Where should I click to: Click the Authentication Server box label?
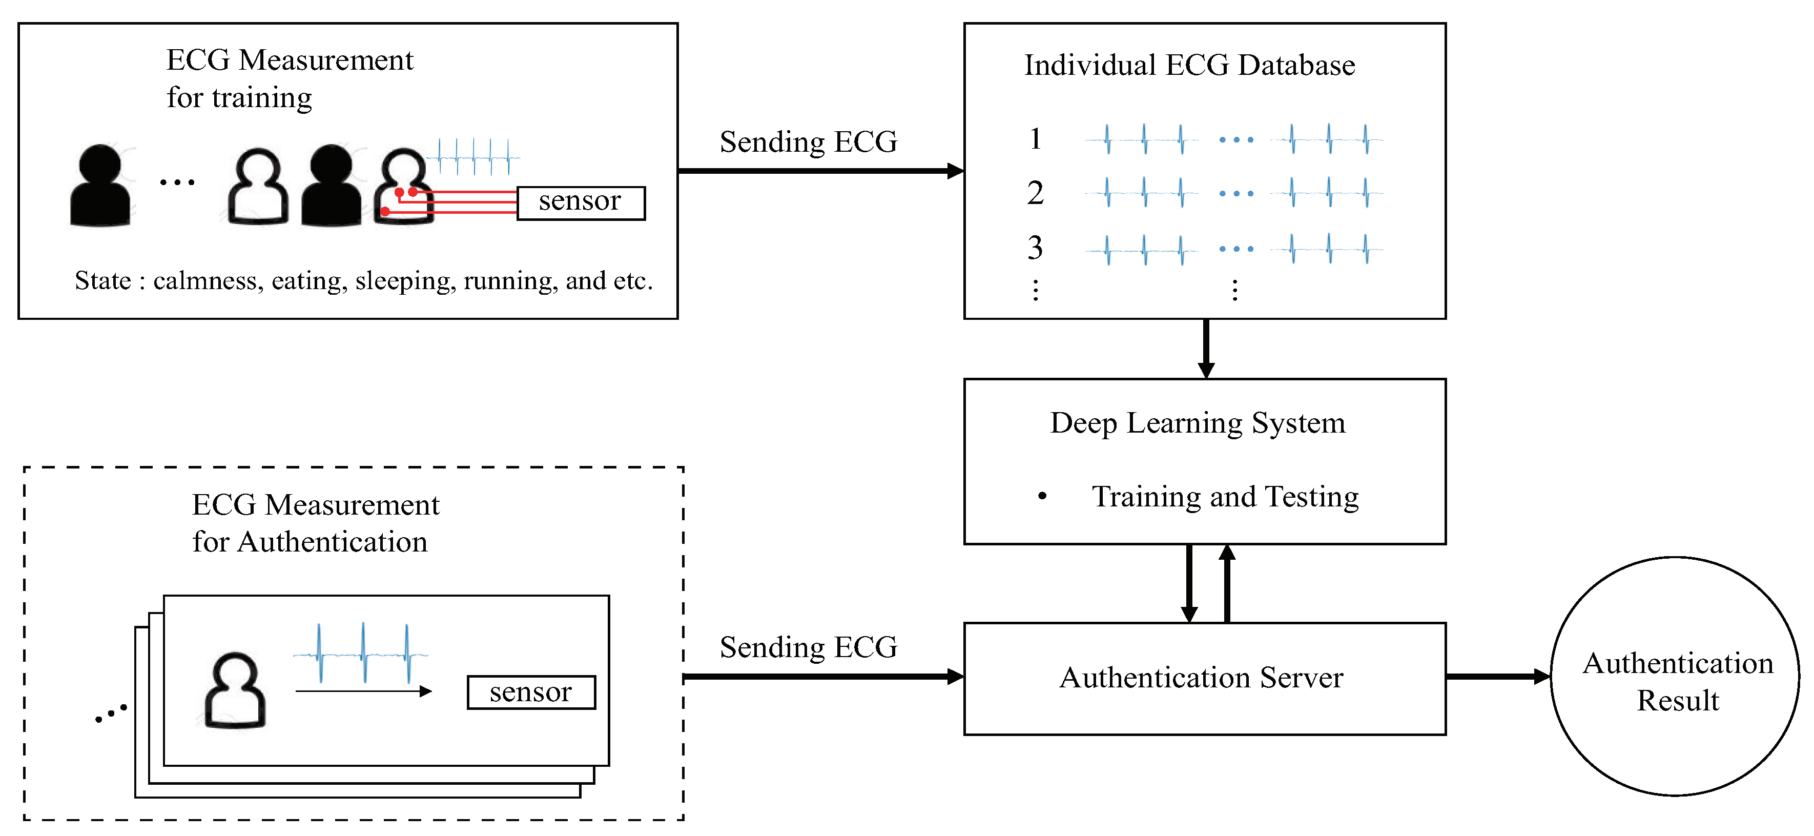(1201, 678)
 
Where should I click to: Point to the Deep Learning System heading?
(1198, 424)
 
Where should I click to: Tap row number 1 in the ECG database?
(1035, 139)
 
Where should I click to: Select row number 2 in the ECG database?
(1035, 193)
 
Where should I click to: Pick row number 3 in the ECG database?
(1035, 247)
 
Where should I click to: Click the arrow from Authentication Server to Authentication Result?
(1498, 677)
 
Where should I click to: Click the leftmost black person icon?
(100, 186)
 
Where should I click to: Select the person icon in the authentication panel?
(235, 690)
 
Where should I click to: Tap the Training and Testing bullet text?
(1225, 497)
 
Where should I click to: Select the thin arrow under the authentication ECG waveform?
(363, 691)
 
